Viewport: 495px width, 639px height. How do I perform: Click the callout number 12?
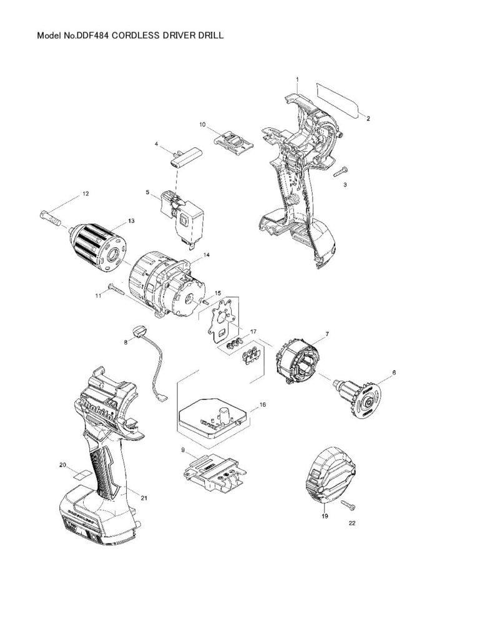click(86, 194)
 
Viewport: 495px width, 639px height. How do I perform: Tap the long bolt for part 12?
click(50, 218)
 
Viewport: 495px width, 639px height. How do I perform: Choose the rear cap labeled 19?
click(331, 478)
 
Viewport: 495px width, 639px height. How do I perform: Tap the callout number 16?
click(263, 405)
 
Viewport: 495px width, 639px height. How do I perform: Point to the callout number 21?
click(144, 498)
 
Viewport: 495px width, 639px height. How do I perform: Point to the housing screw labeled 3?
click(341, 171)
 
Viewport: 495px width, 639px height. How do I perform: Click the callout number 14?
click(207, 255)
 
